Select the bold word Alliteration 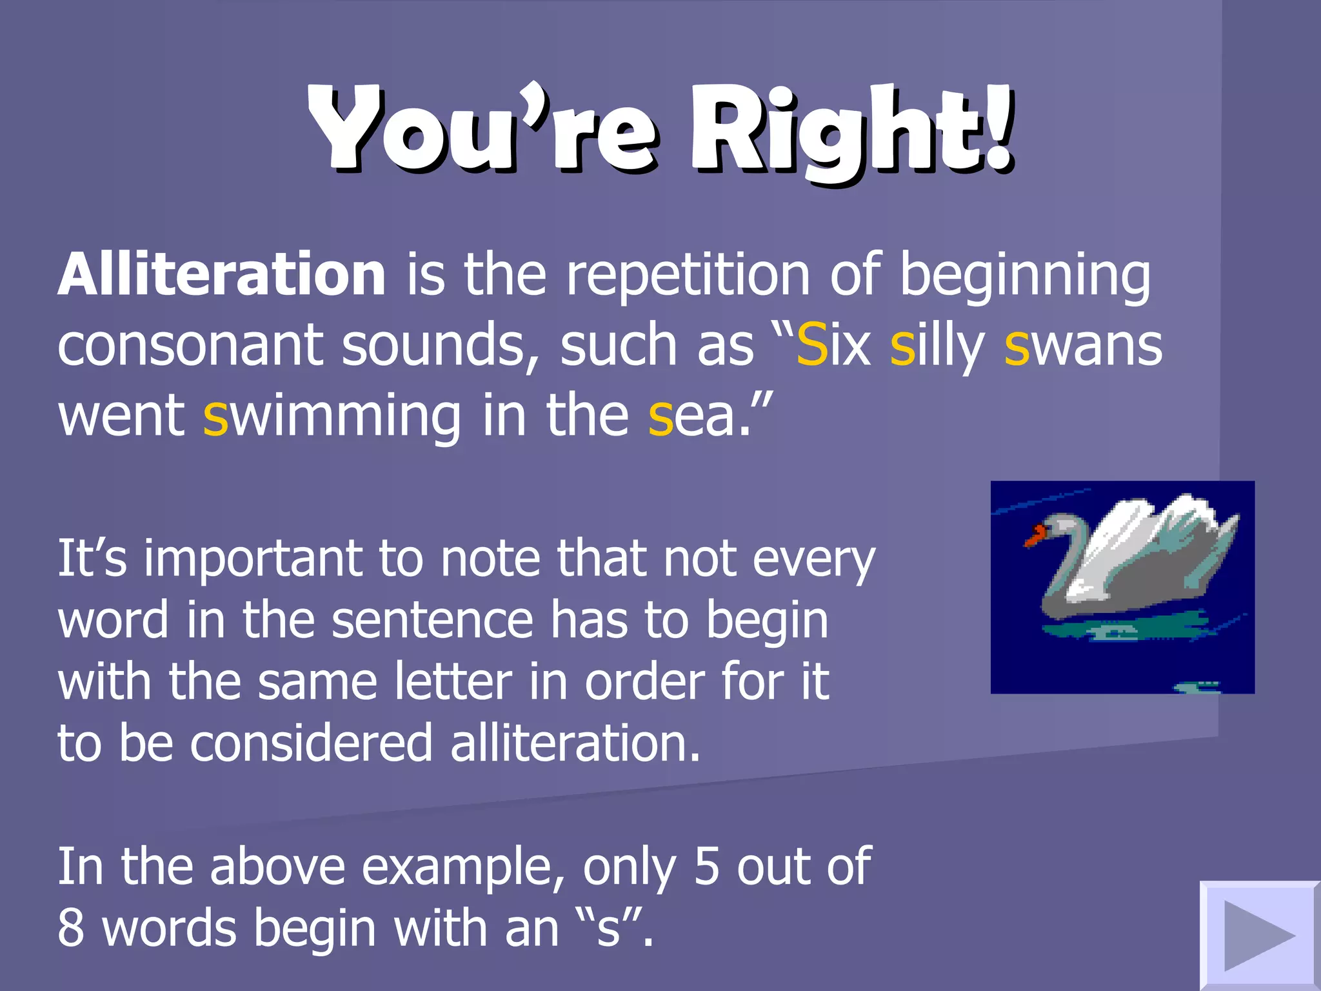tap(222, 274)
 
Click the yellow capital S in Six tap(812, 345)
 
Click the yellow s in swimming tap(215, 421)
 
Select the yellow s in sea tap(660, 421)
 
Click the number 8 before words tap(71, 928)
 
